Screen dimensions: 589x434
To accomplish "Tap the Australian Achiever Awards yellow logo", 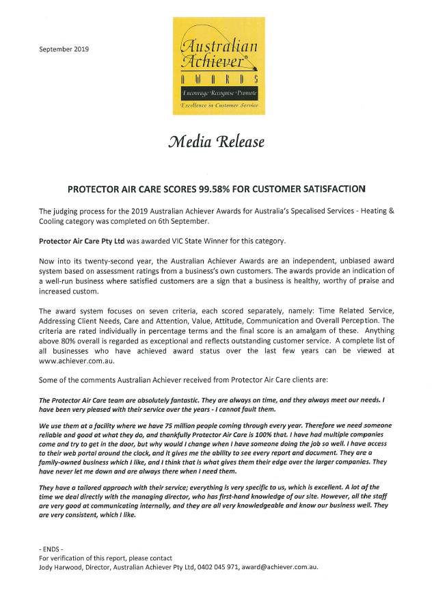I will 218,66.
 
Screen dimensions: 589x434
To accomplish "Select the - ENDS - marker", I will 51,549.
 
